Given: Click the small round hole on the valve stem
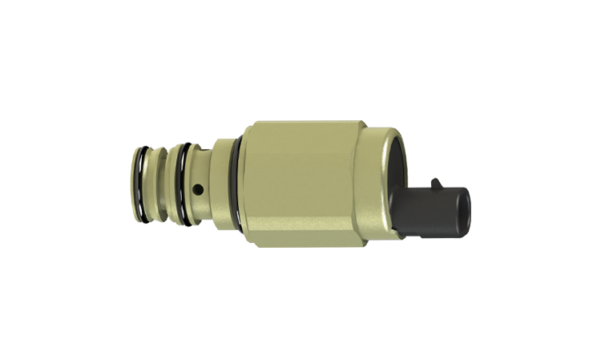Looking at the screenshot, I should click(x=198, y=190).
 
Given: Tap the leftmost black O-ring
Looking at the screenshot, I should click(x=140, y=183).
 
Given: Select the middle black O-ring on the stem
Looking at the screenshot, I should click(x=187, y=183).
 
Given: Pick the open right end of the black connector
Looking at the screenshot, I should click(x=463, y=212).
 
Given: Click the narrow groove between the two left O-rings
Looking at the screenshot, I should click(x=164, y=183).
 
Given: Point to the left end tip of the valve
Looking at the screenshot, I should click(x=131, y=183).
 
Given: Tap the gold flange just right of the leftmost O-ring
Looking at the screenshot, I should click(x=152, y=183).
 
